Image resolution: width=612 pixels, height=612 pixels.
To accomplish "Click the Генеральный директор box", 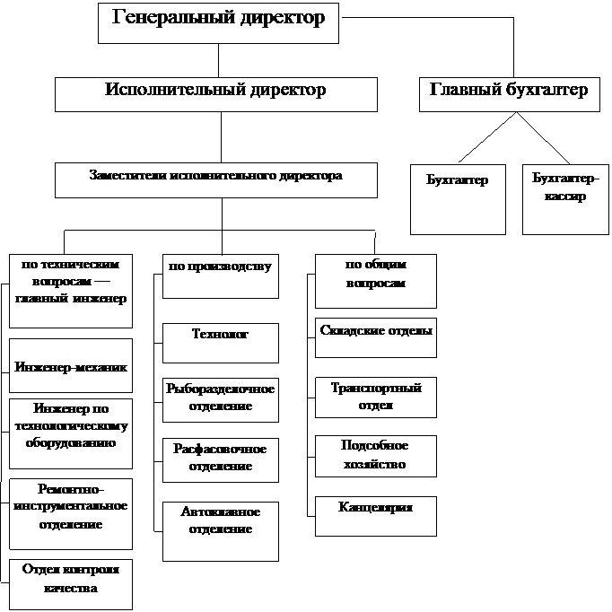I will pos(218,22).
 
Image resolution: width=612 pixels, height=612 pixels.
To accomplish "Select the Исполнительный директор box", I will pos(215,93).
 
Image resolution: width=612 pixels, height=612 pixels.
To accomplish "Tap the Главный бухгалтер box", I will pos(509,93).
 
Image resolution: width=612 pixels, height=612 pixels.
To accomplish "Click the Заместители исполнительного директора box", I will pos(215,179).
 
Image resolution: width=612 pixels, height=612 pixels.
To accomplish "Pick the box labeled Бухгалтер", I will pos(458,199).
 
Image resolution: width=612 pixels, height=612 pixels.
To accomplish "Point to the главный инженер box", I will pos(71,291).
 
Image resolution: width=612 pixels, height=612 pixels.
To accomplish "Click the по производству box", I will pos(220,275).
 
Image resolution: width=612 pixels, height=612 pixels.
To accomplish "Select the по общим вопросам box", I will pos(375,280).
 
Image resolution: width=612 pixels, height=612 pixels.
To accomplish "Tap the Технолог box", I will pos(220,342).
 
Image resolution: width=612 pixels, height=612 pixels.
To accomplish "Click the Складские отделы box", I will pos(376,336).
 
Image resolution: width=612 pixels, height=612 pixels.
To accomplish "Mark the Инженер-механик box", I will pos(71,365).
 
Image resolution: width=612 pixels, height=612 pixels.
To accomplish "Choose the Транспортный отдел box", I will pos(375,398).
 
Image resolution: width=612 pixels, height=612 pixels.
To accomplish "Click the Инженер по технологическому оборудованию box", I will pos(71,433).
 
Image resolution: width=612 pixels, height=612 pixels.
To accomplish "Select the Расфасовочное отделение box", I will pos(220,459).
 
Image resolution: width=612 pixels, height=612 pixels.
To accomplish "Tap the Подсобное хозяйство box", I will pos(375,456).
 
